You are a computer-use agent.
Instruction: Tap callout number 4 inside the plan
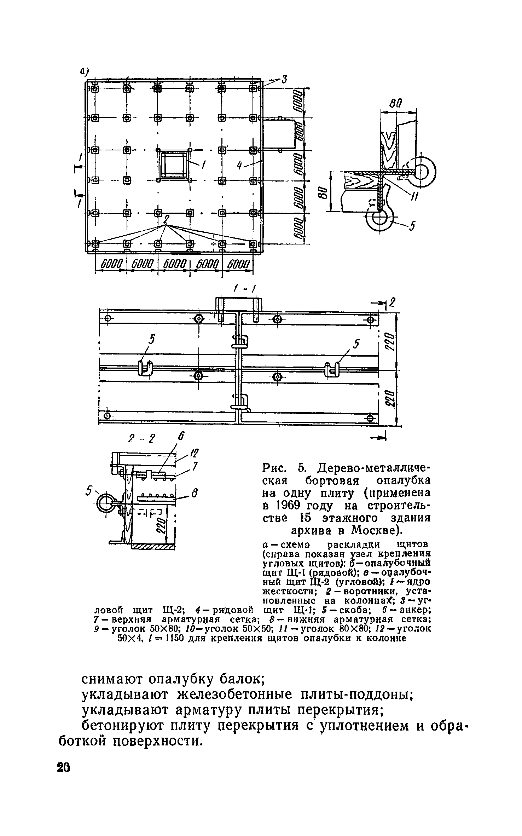coord(240,165)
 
